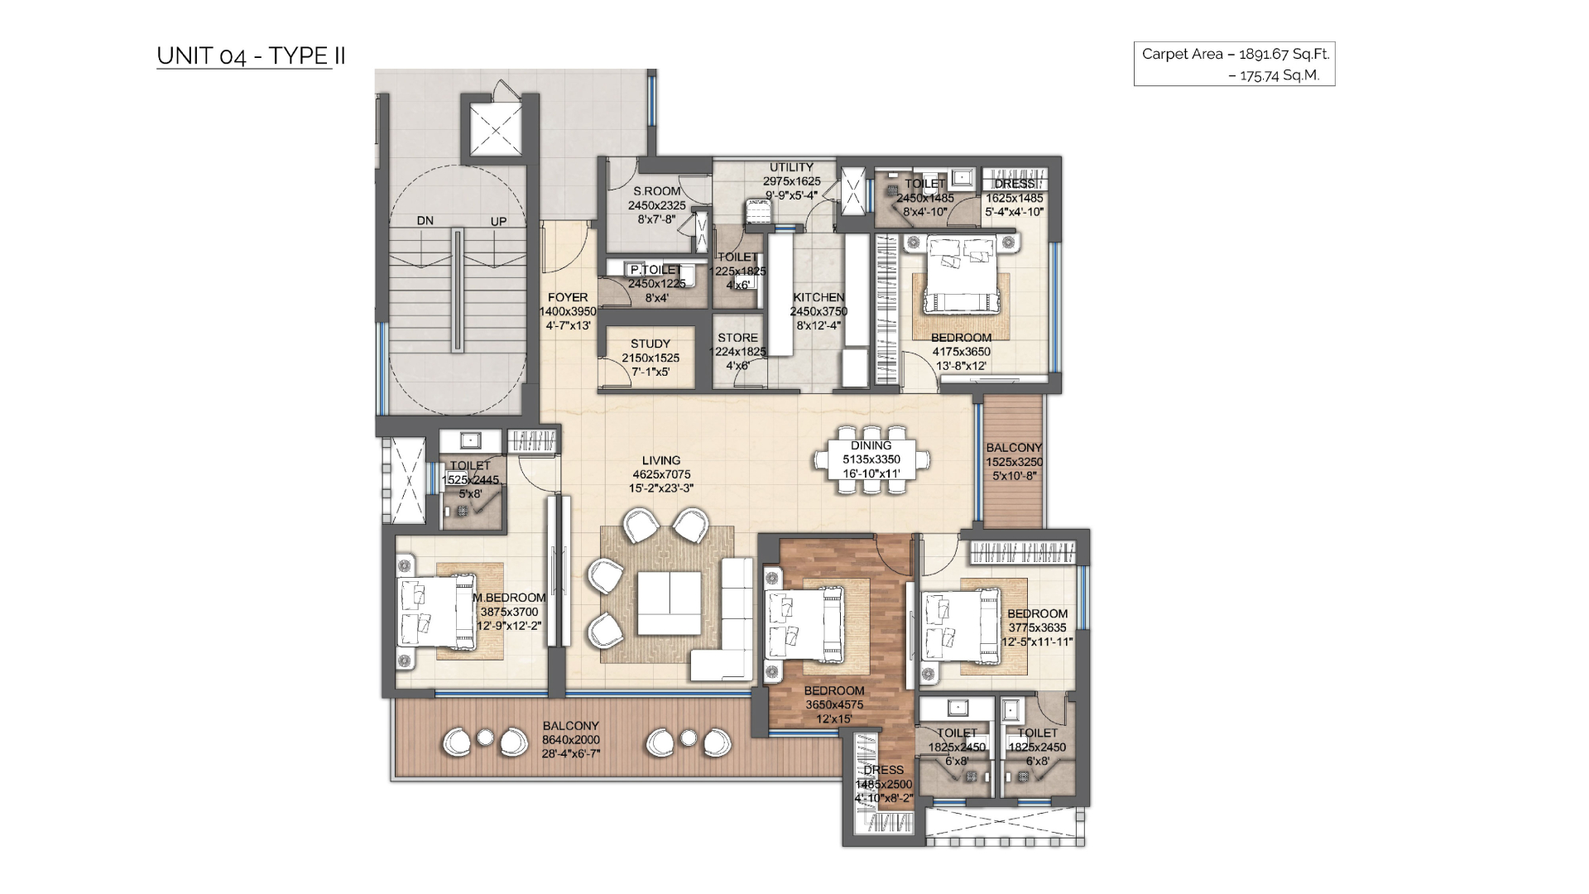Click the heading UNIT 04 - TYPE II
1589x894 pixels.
(x=251, y=56)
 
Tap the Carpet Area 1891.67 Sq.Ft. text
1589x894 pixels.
(x=1235, y=54)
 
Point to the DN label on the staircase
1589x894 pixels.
(x=425, y=221)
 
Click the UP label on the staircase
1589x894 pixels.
(x=498, y=222)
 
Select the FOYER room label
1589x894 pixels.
(x=568, y=297)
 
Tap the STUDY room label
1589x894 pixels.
(x=650, y=344)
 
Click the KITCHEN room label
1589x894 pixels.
(x=819, y=297)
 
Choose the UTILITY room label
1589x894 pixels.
(x=791, y=167)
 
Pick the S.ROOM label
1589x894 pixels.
(x=657, y=191)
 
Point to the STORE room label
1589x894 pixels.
(x=737, y=338)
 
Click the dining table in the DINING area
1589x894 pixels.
(x=871, y=459)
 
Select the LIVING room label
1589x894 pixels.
(x=661, y=460)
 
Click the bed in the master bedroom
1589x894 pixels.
(x=427, y=612)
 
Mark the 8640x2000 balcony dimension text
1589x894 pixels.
(x=571, y=740)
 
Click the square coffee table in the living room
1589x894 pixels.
(x=669, y=603)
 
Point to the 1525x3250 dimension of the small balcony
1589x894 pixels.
(x=1014, y=462)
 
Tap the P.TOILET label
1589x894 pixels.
(x=656, y=270)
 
